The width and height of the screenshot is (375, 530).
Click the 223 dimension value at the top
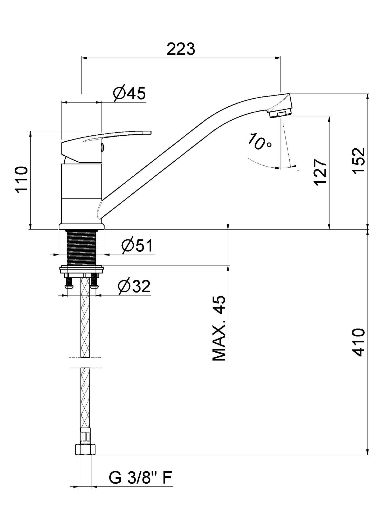181,49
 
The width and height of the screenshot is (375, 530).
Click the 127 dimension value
320,172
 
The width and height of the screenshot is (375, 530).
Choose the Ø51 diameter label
137,245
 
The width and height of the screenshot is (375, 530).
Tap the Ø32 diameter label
134,286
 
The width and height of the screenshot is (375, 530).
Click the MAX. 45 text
219,328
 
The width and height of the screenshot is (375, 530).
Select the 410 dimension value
358,342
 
